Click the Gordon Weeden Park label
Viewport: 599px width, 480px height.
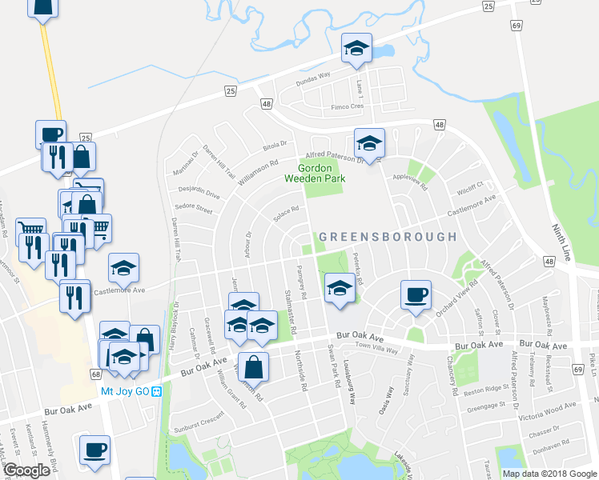click(x=321, y=173)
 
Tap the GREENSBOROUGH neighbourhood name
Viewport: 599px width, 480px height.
click(x=388, y=237)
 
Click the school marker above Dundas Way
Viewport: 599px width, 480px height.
click(x=357, y=48)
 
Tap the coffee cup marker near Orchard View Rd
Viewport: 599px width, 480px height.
click(x=416, y=294)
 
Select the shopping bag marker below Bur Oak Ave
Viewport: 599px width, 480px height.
click(x=253, y=368)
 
